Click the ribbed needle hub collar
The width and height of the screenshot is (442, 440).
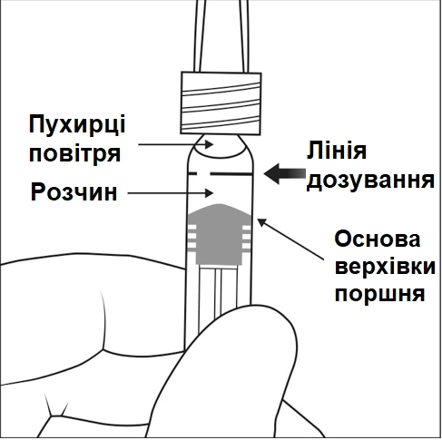point(221,101)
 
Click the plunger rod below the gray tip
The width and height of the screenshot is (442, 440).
point(218,290)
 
